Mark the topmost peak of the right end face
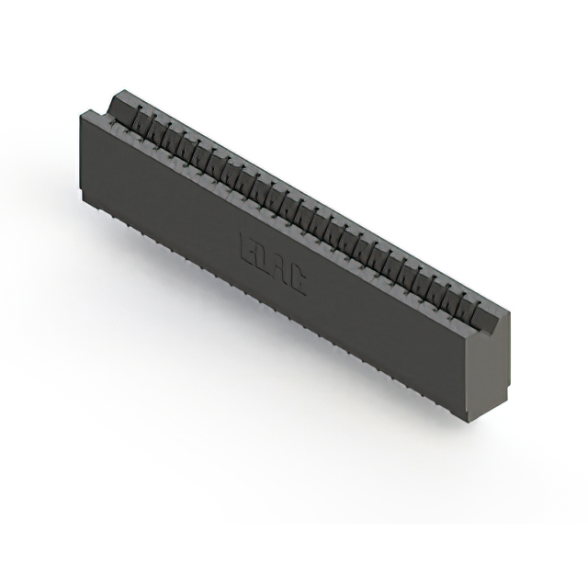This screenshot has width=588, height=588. pyautogui.click(x=503, y=313)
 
